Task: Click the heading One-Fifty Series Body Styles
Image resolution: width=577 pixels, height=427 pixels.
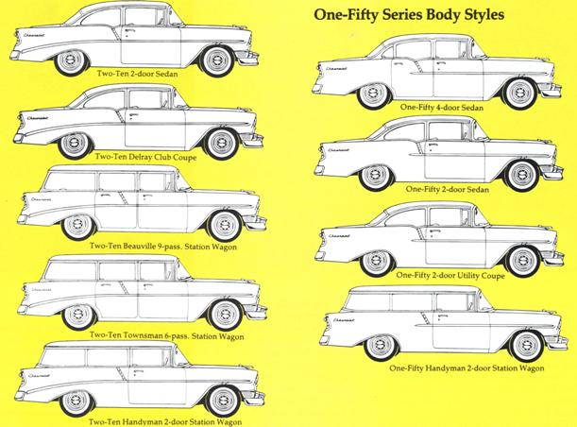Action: (x=409, y=15)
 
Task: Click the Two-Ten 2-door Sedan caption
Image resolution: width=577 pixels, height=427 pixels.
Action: (x=137, y=74)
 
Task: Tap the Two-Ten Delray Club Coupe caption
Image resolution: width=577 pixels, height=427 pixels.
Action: (x=145, y=157)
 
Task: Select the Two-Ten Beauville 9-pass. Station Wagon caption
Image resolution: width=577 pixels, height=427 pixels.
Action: (x=163, y=247)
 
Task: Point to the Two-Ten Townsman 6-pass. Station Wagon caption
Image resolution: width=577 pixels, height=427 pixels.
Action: (x=166, y=335)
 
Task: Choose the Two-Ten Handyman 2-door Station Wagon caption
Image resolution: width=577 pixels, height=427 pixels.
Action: (x=165, y=422)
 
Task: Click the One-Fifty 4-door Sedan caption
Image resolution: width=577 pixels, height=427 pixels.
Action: (x=442, y=107)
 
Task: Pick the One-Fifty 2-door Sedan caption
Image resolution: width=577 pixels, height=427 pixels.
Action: (x=448, y=189)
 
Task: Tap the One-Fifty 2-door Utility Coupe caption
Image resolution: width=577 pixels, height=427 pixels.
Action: (x=450, y=275)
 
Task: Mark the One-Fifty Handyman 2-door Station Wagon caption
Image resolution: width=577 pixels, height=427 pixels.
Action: (x=467, y=367)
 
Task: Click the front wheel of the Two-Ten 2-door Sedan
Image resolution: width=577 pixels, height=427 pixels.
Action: (x=217, y=60)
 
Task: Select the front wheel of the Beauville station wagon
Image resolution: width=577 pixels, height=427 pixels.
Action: (x=224, y=225)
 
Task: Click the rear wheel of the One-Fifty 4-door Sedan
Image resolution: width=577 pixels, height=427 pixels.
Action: (x=373, y=94)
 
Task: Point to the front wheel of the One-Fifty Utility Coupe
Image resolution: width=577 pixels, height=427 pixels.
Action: (x=522, y=261)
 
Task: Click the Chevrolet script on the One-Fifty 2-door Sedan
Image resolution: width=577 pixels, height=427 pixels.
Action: (x=338, y=150)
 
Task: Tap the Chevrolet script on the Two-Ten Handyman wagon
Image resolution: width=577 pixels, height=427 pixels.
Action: (x=39, y=376)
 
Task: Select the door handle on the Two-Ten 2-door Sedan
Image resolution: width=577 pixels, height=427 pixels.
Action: (x=130, y=30)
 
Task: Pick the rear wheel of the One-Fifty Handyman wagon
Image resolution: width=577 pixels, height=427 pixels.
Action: (x=380, y=345)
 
